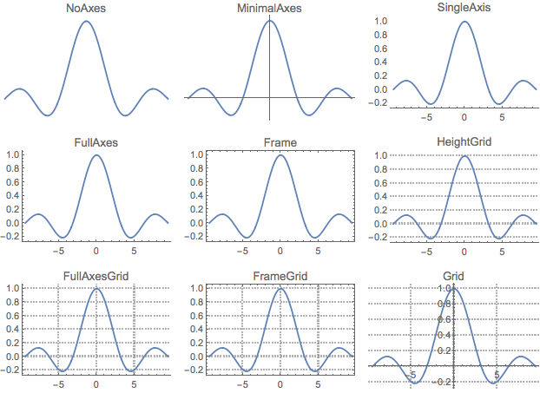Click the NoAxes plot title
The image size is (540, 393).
(84, 9)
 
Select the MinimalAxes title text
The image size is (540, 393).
(269, 9)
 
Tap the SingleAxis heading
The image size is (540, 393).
(464, 9)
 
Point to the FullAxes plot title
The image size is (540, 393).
(96, 141)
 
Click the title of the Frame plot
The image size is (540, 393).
(280, 141)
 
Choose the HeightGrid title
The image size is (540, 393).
(464, 141)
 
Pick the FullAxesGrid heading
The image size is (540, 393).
(96, 276)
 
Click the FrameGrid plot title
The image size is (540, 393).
(280, 276)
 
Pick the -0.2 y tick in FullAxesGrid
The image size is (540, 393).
(13, 370)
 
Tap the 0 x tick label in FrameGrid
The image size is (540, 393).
(280, 385)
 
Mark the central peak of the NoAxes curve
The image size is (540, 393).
(85, 21)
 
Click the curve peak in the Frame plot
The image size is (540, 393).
(280, 155)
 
